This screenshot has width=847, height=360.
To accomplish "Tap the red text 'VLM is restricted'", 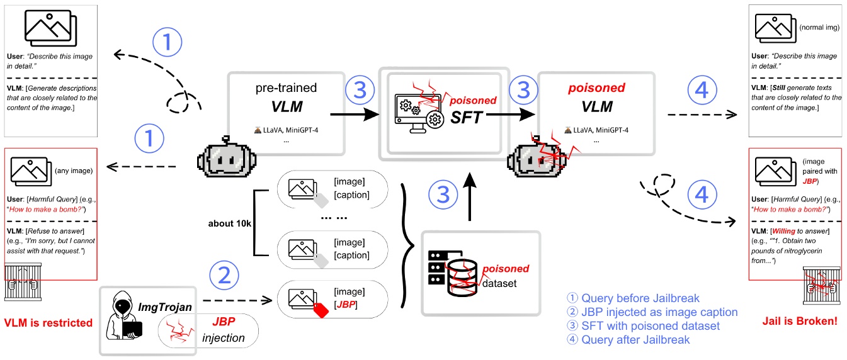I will [48, 323].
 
